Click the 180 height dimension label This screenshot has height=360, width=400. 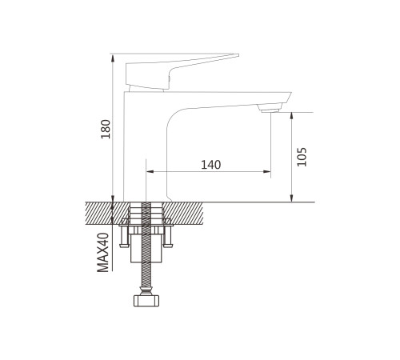pyautogui.click(x=106, y=129)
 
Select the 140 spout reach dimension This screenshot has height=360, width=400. pyautogui.click(x=210, y=165)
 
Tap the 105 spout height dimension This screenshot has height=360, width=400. pyautogui.click(x=302, y=157)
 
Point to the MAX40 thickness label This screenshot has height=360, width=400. pyautogui.click(x=103, y=253)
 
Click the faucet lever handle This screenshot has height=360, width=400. pyautogui.click(x=170, y=72)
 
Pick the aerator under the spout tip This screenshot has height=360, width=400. pyautogui.click(x=269, y=109)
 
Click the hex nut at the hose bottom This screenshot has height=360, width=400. pyautogui.click(x=146, y=301)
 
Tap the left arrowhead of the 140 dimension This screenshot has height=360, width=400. pyautogui.click(x=150, y=171)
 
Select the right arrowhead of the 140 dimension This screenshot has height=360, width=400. pyautogui.click(x=267, y=171)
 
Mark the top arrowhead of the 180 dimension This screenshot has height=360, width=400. pyautogui.click(x=113, y=58)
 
